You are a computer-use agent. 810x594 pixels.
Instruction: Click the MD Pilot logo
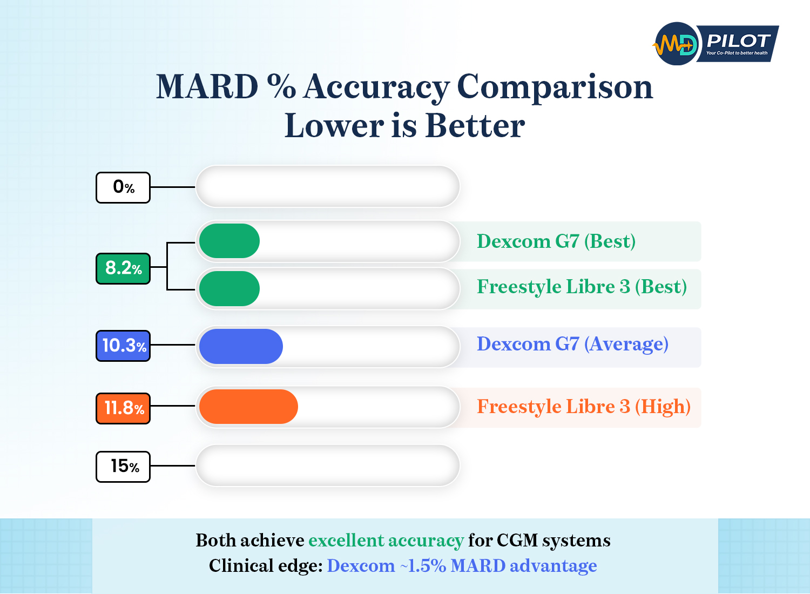click(x=715, y=44)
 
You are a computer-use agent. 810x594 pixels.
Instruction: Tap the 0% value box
click(x=123, y=187)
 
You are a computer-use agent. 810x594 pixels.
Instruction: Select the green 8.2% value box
click(x=123, y=268)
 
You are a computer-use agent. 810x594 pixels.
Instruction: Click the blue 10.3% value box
click(x=123, y=346)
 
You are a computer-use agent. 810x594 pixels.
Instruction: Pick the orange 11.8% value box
click(x=123, y=408)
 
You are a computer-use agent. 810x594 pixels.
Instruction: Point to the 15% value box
click(x=123, y=466)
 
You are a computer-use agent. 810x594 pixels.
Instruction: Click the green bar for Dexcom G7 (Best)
click(x=230, y=241)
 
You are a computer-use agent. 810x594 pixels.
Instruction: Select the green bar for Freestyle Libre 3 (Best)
click(x=230, y=288)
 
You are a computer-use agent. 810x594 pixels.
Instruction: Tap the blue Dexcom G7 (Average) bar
click(x=241, y=346)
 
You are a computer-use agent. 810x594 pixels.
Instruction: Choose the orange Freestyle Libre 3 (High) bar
click(x=248, y=407)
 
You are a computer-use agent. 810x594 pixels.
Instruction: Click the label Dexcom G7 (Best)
click(x=556, y=241)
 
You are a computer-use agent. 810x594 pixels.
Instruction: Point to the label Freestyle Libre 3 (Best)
click(x=582, y=287)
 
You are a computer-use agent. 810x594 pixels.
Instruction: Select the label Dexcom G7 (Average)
click(x=572, y=344)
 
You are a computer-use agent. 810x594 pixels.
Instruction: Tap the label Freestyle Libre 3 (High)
click(x=583, y=407)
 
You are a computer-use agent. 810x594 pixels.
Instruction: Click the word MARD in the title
click(x=207, y=87)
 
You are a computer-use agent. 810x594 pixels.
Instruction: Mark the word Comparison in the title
click(x=555, y=87)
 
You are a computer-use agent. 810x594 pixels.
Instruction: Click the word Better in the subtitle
click(x=475, y=126)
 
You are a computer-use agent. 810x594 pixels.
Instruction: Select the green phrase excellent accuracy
click(x=386, y=541)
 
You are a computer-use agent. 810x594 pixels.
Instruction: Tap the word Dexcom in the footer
click(x=361, y=566)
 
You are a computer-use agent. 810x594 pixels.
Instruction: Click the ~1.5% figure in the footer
click(x=423, y=566)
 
